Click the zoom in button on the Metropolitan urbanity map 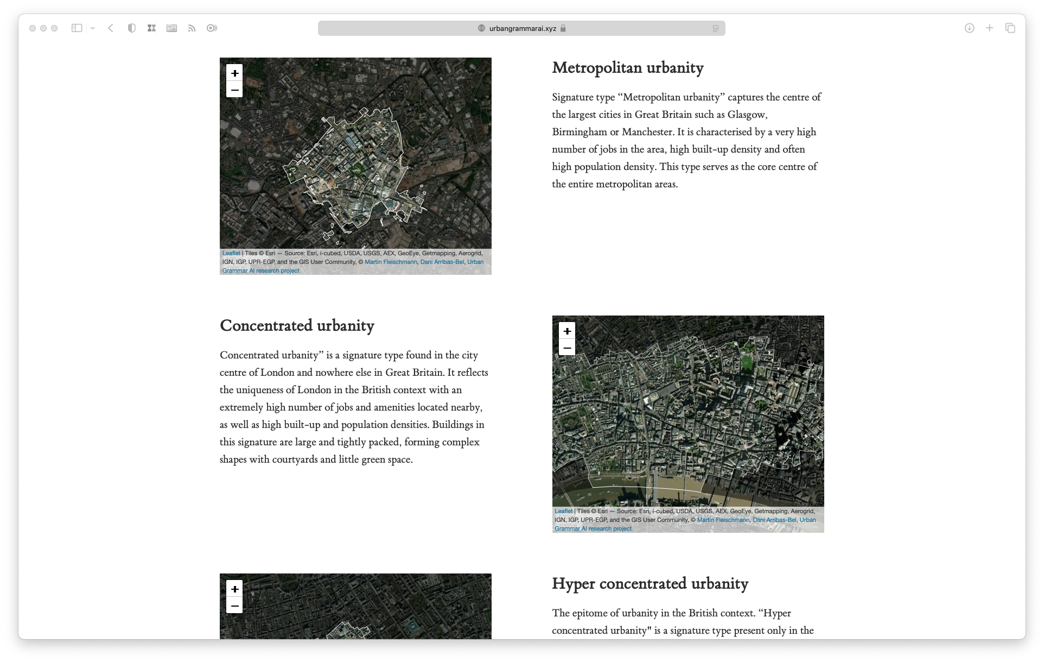pyautogui.click(x=234, y=73)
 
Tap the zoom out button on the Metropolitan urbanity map pyautogui.click(x=234, y=90)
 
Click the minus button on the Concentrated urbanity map pyautogui.click(x=567, y=348)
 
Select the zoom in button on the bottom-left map pyautogui.click(x=234, y=589)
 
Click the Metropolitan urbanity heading pyautogui.click(x=628, y=68)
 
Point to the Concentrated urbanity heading pyautogui.click(x=297, y=326)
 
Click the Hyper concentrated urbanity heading pyautogui.click(x=650, y=584)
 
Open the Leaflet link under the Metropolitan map pyautogui.click(x=231, y=253)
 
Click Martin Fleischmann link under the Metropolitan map pyautogui.click(x=391, y=262)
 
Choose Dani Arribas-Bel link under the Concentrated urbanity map pyautogui.click(x=774, y=520)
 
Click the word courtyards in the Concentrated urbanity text pyautogui.click(x=295, y=459)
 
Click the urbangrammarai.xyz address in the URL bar pyautogui.click(x=522, y=28)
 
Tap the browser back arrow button pyautogui.click(x=111, y=28)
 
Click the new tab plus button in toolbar pyautogui.click(x=990, y=28)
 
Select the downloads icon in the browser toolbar pyautogui.click(x=969, y=28)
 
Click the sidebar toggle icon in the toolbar pyautogui.click(x=77, y=28)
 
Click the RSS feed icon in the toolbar pyautogui.click(x=192, y=28)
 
